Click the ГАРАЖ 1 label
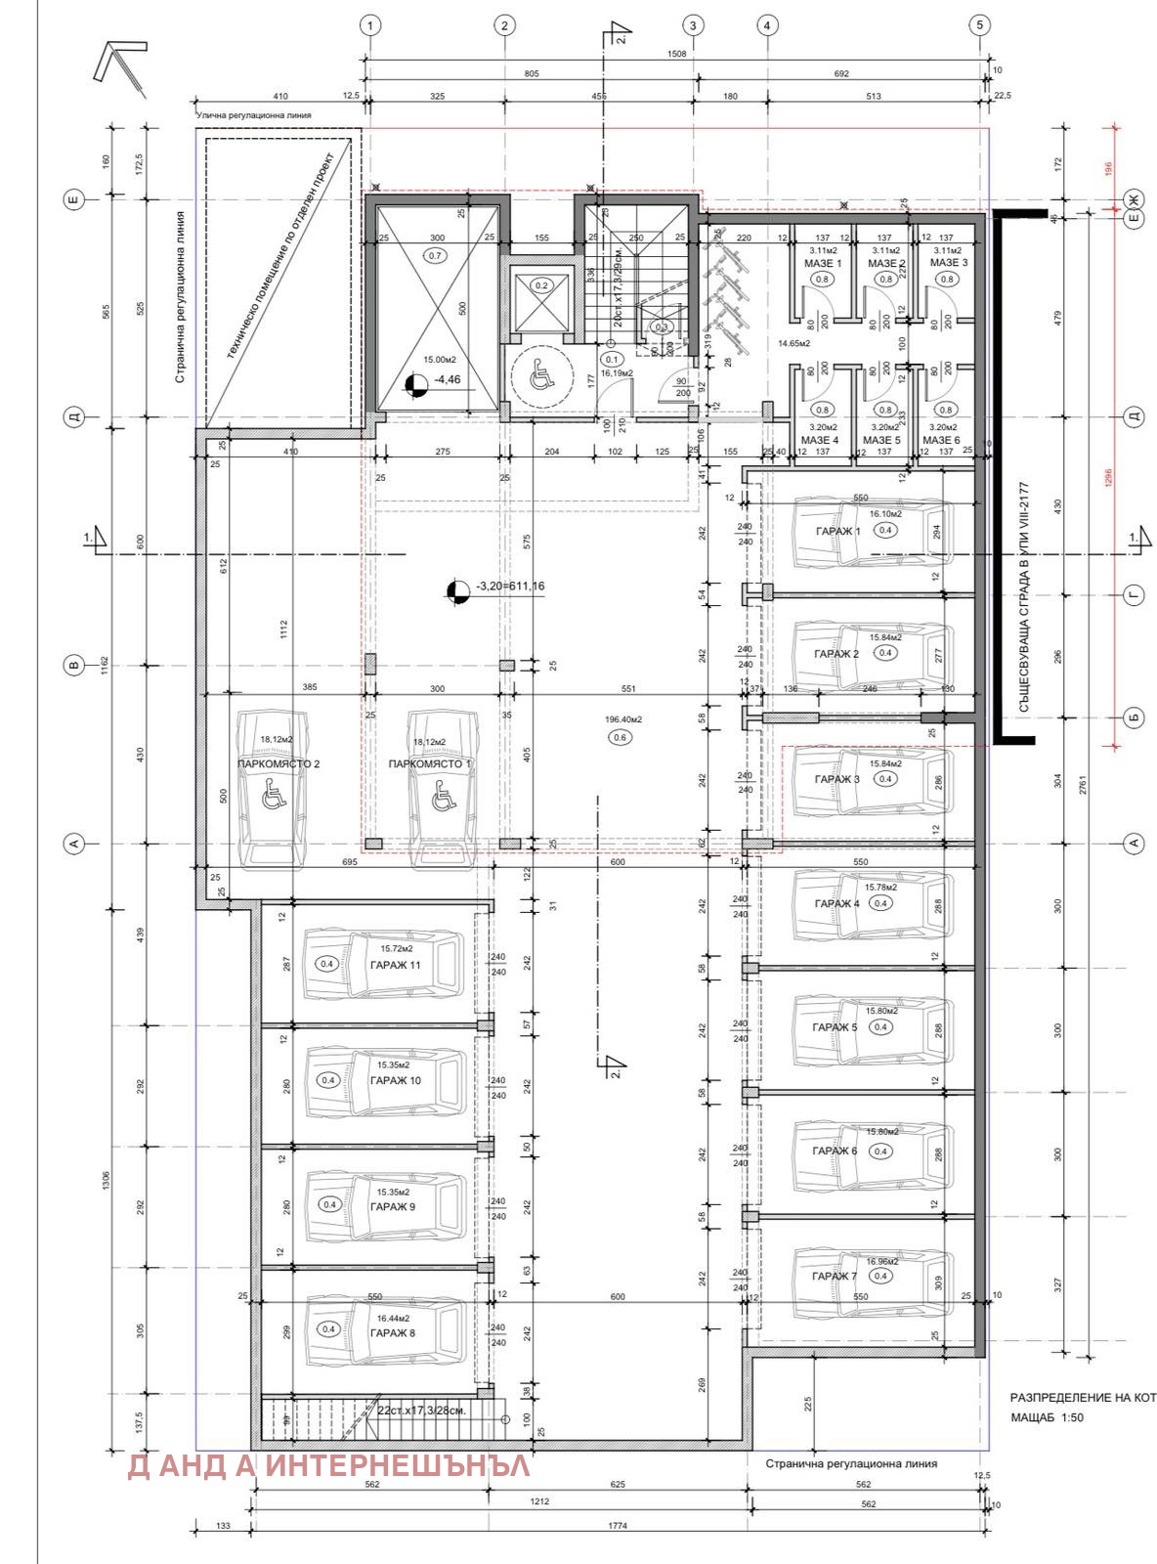point(837,531)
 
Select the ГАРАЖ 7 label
point(834,1276)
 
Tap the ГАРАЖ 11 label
point(395,964)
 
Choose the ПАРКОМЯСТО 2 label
point(279,763)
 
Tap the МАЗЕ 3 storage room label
point(948,263)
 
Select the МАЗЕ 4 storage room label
point(820,440)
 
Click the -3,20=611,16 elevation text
point(510,586)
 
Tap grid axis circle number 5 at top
point(980,25)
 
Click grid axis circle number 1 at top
point(369,25)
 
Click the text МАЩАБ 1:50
point(1047,1416)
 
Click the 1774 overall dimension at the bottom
point(617,1525)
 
